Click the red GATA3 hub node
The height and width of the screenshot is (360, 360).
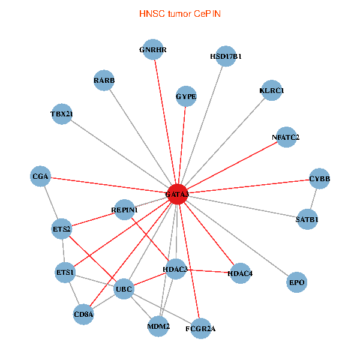pyautogui.click(x=177, y=194)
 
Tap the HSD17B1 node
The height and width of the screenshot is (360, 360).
pyautogui.click(x=225, y=56)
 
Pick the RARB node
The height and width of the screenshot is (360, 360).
pyautogui.click(x=104, y=80)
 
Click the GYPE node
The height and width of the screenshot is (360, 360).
pyautogui.click(x=186, y=96)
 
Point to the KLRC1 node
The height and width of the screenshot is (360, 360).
pyautogui.click(x=271, y=91)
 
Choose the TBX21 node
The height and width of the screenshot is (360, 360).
pyautogui.click(x=62, y=114)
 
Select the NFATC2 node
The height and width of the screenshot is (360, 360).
pyautogui.click(x=286, y=137)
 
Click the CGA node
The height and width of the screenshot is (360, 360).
pyautogui.click(x=40, y=176)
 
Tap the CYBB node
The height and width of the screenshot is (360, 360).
pyautogui.click(x=319, y=179)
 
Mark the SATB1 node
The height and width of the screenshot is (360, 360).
pyautogui.click(x=307, y=220)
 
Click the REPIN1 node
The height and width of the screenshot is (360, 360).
pyautogui.click(x=124, y=209)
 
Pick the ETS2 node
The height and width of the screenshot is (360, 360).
pyautogui.click(x=62, y=229)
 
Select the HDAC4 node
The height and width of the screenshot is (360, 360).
pyautogui.click(x=241, y=274)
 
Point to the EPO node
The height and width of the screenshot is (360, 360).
pyautogui.click(x=297, y=282)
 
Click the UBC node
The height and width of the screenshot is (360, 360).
pyautogui.click(x=124, y=289)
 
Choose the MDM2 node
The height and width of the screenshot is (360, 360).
pyautogui.click(x=159, y=327)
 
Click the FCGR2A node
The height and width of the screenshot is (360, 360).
pyautogui.click(x=200, y=328)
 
